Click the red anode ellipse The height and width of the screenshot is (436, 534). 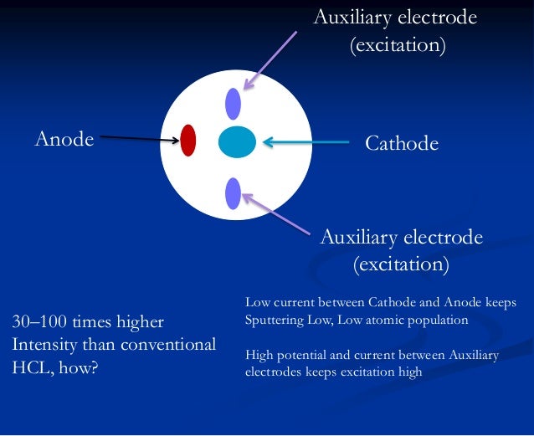click(x=188, y=141)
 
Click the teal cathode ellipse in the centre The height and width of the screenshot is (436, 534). click(x=237, y=141)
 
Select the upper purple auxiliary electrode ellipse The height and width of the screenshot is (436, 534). click(x=234, y=103)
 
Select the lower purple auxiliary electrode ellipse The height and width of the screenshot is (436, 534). click(x=234, y=193)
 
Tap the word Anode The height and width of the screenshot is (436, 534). click(x=64, y=139)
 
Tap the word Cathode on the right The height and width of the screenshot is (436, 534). click(x=402, y=143)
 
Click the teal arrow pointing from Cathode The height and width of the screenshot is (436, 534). click(x=306, y=141)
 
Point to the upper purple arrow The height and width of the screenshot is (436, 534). click(x=270, y=61)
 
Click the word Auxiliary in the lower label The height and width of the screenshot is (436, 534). click(x=358, y=238)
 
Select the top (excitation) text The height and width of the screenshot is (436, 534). click(x=397, y=44)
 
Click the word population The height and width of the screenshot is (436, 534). click(x=429, y=320)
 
